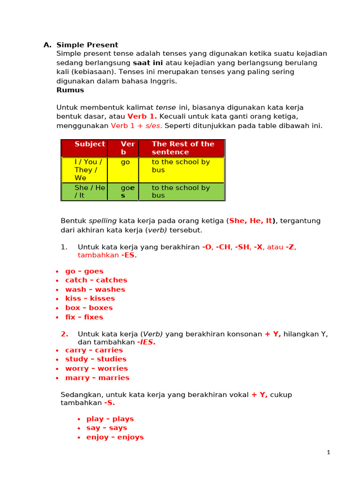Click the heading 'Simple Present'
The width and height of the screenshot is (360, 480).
pyautogui.click(x=87, y=45)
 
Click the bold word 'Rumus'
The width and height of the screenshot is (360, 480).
pyautogui.click(x=70, y=90)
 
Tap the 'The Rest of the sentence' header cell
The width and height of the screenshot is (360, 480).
pyautogui.click(x=183, y=148)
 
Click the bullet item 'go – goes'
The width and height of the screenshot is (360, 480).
pyautogui.click(x=84, y=271)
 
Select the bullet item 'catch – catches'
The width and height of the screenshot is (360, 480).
pyautogui.click(x=96, y=280)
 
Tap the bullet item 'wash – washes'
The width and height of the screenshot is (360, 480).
pyautogui.click(x=95, y=290)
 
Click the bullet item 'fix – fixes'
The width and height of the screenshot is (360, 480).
pyautogui.click(x=84, y=317)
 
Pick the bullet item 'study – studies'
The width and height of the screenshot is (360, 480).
pyautogui.click(x=96, y=360)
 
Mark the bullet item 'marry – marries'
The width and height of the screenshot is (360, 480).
pyautogui.click(x=97, y=378)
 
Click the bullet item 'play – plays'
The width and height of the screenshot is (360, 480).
pyautogui.click(x=110, y=419)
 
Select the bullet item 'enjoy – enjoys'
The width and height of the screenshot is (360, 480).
pyautogui.click(x=115, y=437)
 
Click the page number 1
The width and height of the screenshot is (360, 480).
pyautogui.click(x=329, y=452)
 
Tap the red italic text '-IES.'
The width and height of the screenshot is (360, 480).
pyautogui.click(x=146, y=342)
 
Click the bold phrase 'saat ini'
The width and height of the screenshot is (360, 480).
pyautogui.click(x=148, y=63)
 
